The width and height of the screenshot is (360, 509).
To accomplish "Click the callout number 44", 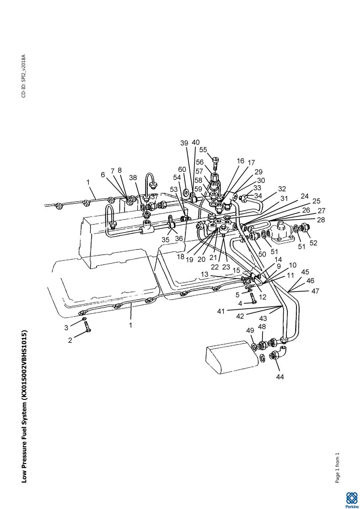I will (279, 377).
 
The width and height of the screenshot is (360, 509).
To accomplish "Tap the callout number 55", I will (203, 150).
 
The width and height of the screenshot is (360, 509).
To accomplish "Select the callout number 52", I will (313, 243).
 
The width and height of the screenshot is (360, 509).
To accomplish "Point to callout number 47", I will (315, 291).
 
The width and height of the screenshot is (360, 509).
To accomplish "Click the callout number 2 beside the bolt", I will (70, 340).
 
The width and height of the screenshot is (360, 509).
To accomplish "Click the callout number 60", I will (182, 169).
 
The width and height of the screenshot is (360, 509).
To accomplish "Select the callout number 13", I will (205, 274).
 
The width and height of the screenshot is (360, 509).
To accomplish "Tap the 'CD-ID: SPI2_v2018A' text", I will (23, 76).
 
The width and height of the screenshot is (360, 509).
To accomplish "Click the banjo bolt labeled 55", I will (215, 162).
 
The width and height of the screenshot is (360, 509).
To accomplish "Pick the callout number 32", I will (282, 189).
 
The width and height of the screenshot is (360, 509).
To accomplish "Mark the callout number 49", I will (250, 330).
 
